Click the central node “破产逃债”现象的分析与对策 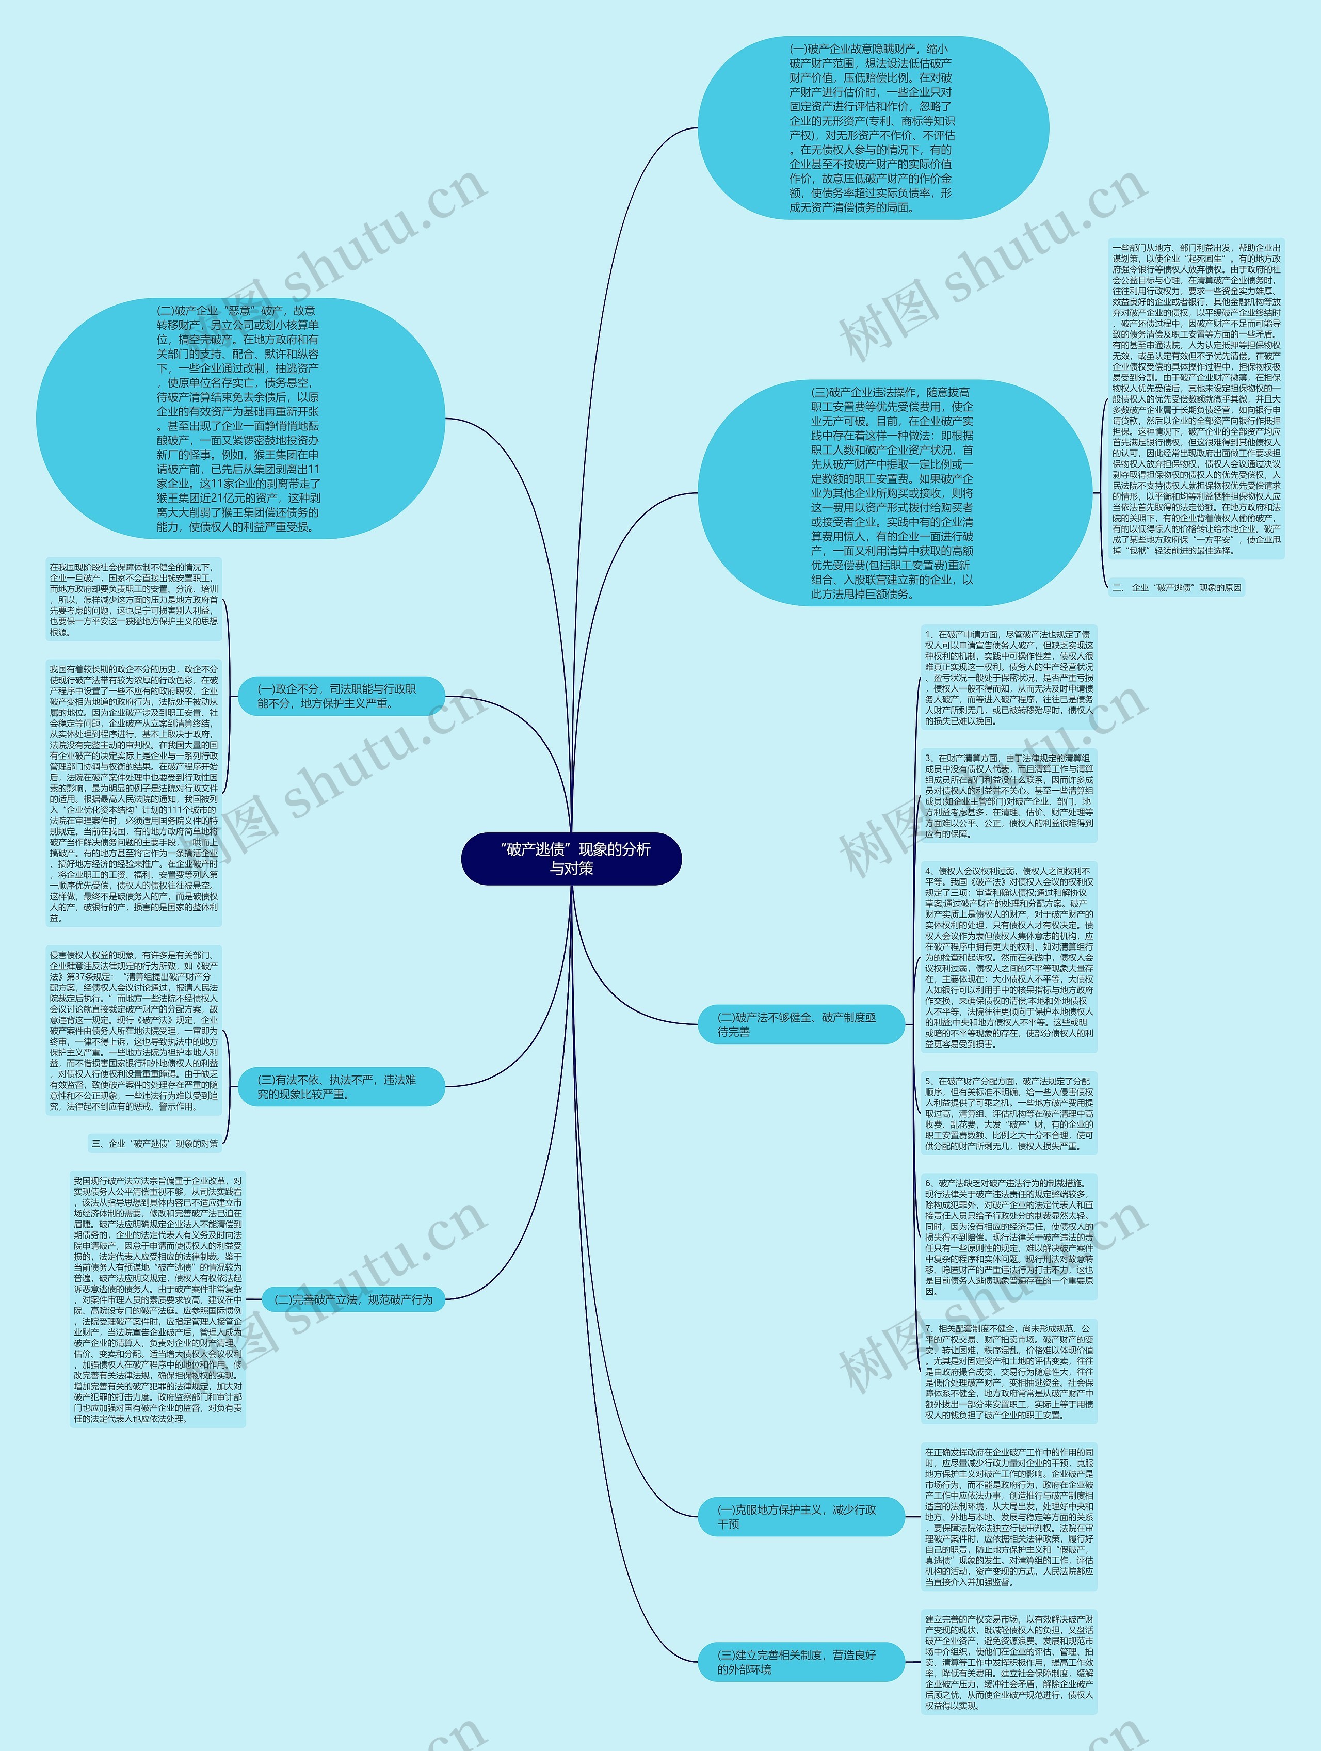[571, 858]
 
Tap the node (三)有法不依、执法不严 [341, 1086]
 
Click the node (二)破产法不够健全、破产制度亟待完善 [799, 1024]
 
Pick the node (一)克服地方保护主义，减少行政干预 [799, 1517]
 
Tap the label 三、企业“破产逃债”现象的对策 [154, 1143]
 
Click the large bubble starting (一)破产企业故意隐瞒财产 [873, 128]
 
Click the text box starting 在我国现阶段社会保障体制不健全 [134, 599]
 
